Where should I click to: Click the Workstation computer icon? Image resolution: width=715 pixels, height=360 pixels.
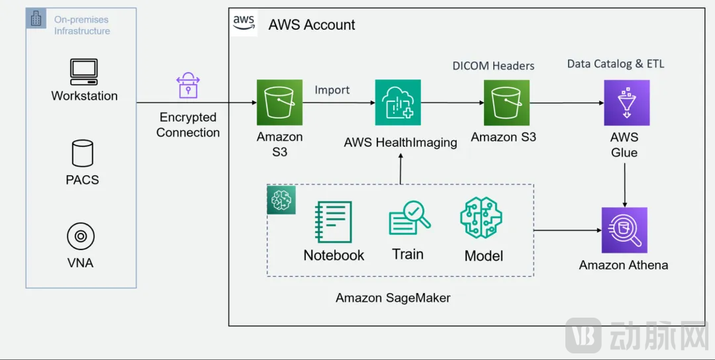(84, 71)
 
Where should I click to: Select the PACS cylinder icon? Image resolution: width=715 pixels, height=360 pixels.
(82, 153)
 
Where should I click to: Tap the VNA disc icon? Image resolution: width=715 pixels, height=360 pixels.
(81, 236)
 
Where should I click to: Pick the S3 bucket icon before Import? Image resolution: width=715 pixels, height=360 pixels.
(279, 103)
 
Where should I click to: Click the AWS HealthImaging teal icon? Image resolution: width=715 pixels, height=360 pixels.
(398, 103)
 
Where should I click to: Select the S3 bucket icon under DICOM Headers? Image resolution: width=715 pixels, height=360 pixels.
(506, 103)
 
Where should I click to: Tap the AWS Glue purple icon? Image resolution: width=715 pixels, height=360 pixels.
(626, 103)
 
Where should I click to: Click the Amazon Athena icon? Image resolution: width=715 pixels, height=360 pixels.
(624, 230)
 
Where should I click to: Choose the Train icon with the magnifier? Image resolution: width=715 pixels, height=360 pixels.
(409, 219)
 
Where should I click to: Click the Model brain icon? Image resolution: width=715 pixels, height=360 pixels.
(481, 218)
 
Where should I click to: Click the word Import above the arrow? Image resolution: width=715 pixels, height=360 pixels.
(332, 90)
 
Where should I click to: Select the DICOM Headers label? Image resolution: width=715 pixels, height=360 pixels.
(493, 66)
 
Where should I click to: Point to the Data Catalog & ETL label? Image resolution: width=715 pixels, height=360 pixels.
(616, 64)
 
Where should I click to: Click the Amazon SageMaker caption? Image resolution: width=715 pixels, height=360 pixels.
(393, 298)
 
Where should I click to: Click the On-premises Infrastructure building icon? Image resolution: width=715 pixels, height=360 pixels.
(36, 19)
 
